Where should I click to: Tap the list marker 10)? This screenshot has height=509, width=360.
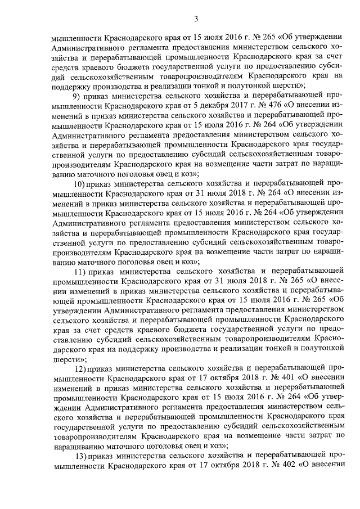[81, 184]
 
